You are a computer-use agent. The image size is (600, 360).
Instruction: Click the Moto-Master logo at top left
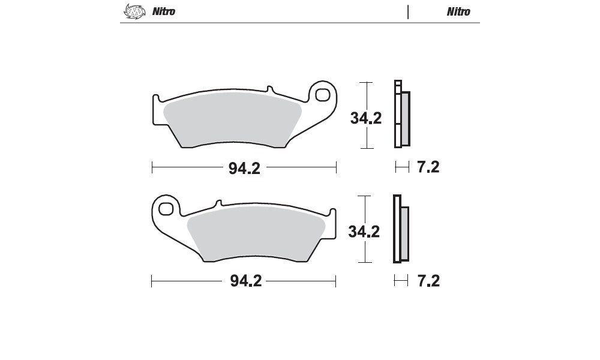point(134,11)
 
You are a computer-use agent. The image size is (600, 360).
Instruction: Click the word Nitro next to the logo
point(164,11)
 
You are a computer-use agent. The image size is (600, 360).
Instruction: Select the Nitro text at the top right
point(458,12)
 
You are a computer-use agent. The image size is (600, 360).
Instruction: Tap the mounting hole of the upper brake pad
point(323,94)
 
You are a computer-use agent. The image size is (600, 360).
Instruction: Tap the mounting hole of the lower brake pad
point(166,209)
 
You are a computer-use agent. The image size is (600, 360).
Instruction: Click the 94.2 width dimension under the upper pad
point(244,169)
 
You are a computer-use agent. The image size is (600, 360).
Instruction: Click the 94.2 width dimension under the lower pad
point(245,281)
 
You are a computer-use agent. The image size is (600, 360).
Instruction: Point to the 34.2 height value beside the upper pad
point(366,118)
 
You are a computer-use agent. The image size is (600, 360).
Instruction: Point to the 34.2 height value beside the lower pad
point(364,232)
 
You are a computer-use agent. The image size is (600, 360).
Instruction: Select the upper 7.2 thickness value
point(428,167)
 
